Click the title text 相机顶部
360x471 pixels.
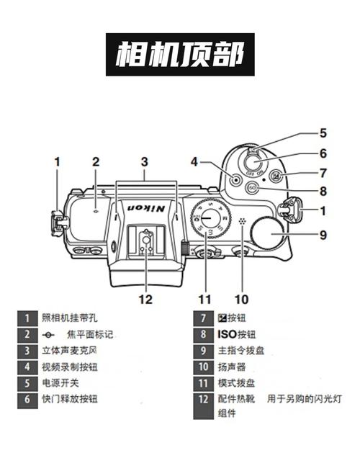pos(179,54)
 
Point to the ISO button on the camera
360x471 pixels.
pos(251,189)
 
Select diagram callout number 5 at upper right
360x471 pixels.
pos(323,133)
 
